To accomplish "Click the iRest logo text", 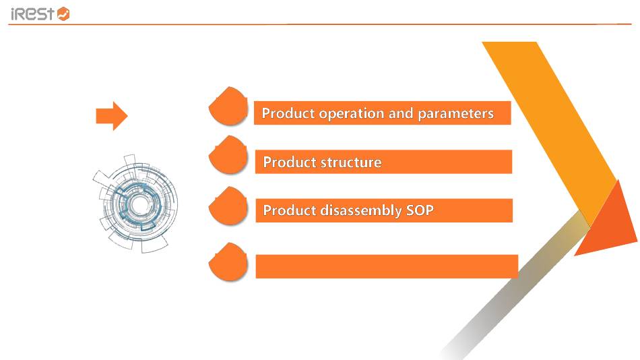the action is coord(32,14).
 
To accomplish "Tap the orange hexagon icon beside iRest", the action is coord(63,14).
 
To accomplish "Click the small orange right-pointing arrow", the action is coord(112,116).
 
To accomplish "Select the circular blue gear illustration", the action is coord(136,203).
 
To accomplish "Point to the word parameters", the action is coord(455,114).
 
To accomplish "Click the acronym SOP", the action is coord(420,210).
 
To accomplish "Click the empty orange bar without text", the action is coord(387,266).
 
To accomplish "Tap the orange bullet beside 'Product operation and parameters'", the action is coord(228,106).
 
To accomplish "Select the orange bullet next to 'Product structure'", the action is coord(228,155).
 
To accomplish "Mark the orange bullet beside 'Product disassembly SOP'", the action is coord(228,206).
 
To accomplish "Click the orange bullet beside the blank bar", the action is coord(228,262).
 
